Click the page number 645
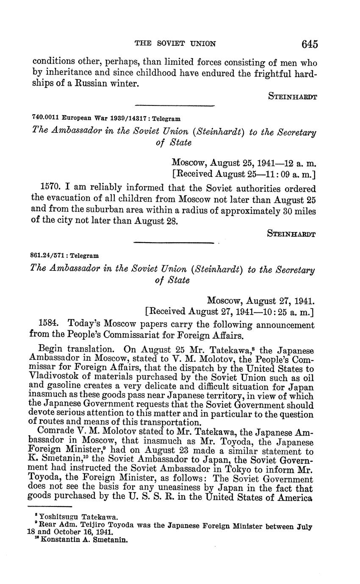click(x=310, y=43)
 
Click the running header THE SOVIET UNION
click(x=174, y=43)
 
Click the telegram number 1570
click(x=50, y=187)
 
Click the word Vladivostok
click(x=53, y=378)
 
